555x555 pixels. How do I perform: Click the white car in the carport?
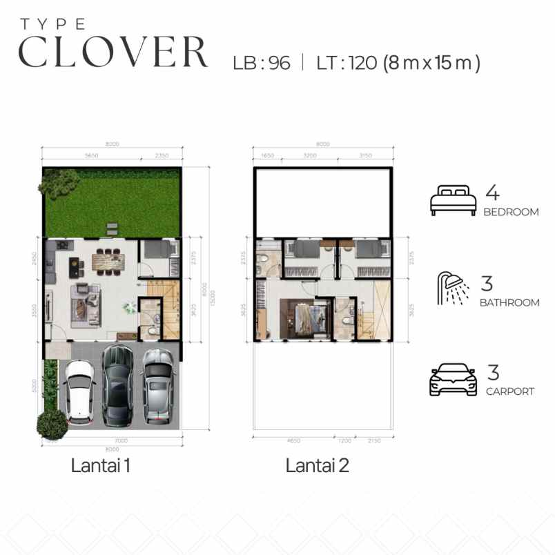click(80, 391)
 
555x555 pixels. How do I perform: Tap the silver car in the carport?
click(158, 384)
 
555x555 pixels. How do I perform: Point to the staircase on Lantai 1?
click(169, 310)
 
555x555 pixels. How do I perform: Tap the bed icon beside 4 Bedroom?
click(453, 200)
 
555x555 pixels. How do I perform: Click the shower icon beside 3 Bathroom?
click(453, 289)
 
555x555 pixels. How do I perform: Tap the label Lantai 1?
click(101, 466)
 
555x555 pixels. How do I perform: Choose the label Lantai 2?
click(317, 466)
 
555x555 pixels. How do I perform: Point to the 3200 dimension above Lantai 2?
click(310, 156)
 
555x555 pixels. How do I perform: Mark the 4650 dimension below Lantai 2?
click(293, 440)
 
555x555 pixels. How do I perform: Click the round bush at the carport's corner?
click(52, 423)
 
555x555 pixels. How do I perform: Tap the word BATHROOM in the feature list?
click(511, 302)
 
